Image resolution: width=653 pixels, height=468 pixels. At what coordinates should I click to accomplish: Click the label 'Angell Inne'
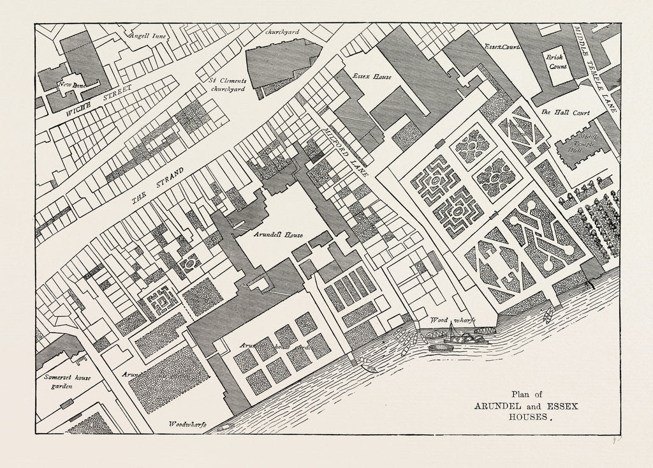tap(147, 36)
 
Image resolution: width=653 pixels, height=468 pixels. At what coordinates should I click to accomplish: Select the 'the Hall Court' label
tap(565, 112)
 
